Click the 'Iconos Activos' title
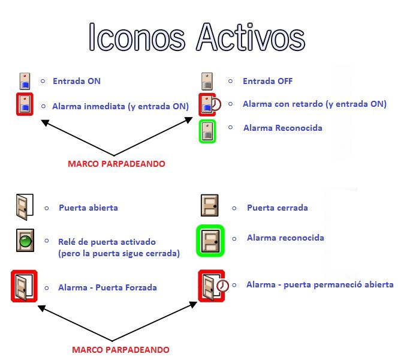click(197, 37)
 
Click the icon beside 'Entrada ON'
click(25, 81)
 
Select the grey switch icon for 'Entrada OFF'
click(207, 81)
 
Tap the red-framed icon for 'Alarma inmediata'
click(25, 104)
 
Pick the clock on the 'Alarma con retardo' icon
click(216, 104)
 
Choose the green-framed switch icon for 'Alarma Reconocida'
click(207, 131)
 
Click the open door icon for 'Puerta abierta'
click(25, 207)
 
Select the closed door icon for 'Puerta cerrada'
click(210, 206)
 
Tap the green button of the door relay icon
click(26, 241)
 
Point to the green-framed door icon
click(210, 241)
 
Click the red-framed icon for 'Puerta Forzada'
click(24, 286)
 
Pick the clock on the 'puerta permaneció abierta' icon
click(222, 286)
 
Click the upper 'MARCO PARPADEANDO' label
click(116, 164)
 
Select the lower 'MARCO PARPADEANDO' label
click(120, 350)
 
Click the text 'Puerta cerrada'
click(278, 208)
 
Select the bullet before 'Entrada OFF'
click(231, 81)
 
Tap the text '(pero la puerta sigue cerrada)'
click(119, 254)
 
